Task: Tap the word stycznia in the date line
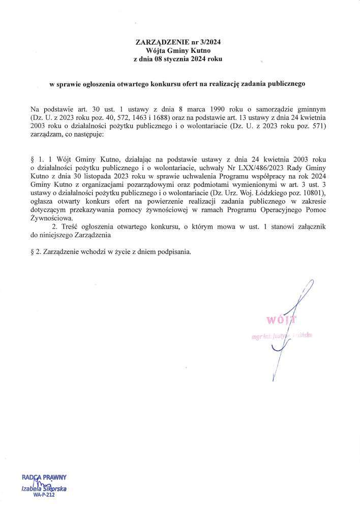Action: (176, 59)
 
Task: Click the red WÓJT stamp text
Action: (279, 320)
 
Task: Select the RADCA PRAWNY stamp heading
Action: (44, 478)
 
